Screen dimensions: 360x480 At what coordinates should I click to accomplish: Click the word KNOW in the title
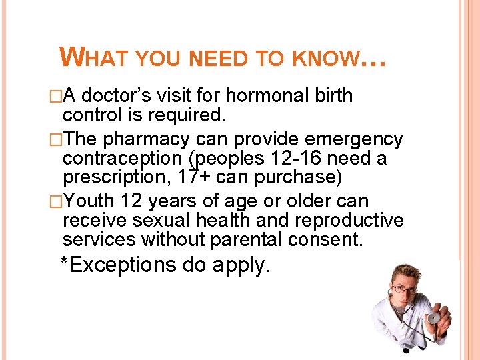[x=323, y=59]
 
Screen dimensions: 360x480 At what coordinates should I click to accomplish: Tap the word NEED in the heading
[x=217, y=59]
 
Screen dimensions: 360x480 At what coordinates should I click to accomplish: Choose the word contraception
[x=125, y=159]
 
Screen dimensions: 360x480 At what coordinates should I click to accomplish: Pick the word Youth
[x=91, y=201]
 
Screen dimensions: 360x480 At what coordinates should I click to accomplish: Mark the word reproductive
[x=345, y=219]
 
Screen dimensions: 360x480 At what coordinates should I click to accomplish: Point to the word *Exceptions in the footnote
[x=117, y=265]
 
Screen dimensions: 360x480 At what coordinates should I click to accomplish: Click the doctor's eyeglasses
[x=405, y=289]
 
